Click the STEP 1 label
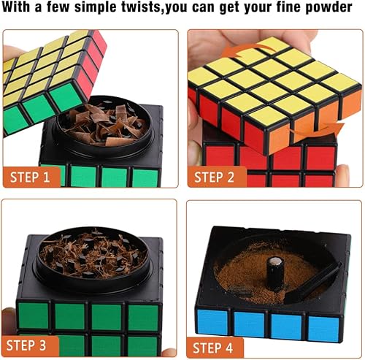30,177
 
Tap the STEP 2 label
214,177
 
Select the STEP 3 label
26,345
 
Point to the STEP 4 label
212,348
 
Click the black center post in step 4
275,272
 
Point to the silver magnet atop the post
275,261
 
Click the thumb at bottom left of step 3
9,318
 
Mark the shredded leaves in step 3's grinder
93,253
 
